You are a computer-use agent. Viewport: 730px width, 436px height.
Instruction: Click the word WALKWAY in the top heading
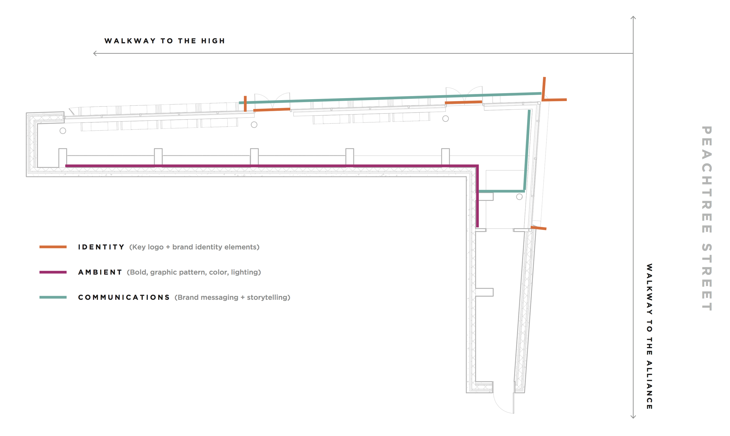click(x=130, y=41)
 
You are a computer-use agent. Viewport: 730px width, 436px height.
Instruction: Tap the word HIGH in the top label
click(x=213, y=41)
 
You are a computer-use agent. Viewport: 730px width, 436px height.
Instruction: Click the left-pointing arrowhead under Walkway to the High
click(x=95, y=53)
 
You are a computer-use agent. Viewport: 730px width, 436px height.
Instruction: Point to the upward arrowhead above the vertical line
click(x=633, y=18)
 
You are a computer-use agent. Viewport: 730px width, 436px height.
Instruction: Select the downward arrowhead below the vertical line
click(x=633, y=416)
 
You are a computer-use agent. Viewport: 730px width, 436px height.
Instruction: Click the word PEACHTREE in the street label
click(x=706, y=179)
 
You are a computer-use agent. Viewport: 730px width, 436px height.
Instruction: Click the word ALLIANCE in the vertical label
click(x=649, y=385)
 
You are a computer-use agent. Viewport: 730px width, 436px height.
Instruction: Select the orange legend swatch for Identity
click(x=53, y=247)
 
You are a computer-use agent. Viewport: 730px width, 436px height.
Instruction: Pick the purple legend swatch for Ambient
click(x=53, y=272)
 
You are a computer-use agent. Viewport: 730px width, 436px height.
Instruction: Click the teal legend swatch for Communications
click(x=53, y=297)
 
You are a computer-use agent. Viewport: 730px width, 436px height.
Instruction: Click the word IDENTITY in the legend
click(x=101, y=247)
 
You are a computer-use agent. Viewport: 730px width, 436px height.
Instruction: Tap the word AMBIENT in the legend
click(x=100, y=272)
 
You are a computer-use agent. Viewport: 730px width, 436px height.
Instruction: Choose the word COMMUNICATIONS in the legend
click(x=124, y=297)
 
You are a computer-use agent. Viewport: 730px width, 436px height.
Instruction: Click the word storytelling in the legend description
click(x=268, y=298)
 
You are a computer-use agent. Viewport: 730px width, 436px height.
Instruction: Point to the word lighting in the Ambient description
click(x=245, y=272)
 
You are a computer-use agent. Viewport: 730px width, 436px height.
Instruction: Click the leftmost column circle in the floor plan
click(x=63, y=131)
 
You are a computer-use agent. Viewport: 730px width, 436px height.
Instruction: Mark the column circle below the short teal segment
click(x=519, y=197)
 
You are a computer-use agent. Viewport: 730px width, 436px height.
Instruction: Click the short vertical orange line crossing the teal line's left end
click(x=245, y=104)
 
